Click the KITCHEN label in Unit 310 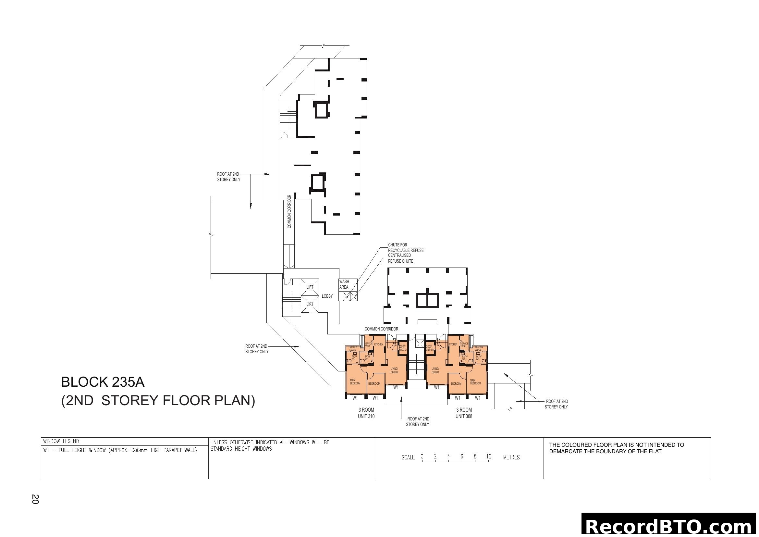tap(378, 344)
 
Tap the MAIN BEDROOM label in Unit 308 tap(475, 382)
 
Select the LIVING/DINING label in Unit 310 tap(394, 370)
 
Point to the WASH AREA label tap(344, 284)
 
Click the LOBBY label tap(327, 296)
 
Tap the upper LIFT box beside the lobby tap(310, 287)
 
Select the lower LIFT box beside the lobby tap(310, 304)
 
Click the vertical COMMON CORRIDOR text tap(289, 212)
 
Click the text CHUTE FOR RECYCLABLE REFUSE tap(405, 248)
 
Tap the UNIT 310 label tap(366, 416)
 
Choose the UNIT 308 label tap(464, 416)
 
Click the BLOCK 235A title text tap(103, 382)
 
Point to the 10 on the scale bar tap(489, 456)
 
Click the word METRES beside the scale tap(511, 457)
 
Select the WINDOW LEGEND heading tap(61, 441)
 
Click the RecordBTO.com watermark tap(670, 527)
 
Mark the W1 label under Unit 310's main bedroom tap(355, 398)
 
